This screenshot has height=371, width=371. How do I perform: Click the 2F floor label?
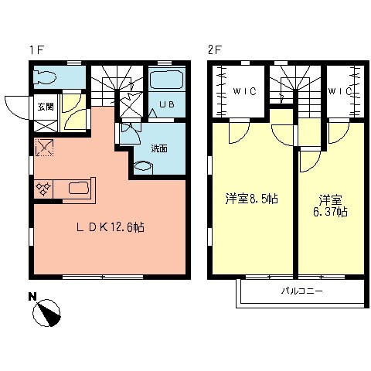pyautogui.click(x=214, y=50)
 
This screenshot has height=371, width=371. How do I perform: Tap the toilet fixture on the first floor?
pyautogui.click(x=48, y=77)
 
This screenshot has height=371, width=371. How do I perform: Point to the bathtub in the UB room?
pyautogui.click(x=165, y=80)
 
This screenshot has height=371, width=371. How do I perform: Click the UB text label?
pyautogui.click(x=165, y=104)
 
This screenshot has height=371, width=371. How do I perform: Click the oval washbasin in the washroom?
pyautogui.click(x=145, y=165)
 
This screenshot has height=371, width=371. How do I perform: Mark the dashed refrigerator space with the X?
pyautogui.click(x=43, y=147)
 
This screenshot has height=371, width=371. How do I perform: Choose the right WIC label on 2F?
pyautogui.click(x=341, y=91)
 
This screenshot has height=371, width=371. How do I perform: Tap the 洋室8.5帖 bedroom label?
pyautogui.click(x=251, y=199)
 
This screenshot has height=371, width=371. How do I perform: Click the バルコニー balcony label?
pyautogui.click(x=301, y=293)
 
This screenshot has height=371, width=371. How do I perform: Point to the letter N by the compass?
pyautogui.click(x=32, y=295)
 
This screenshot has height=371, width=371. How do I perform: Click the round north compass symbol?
pyautogui.click(x=48, y=314)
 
